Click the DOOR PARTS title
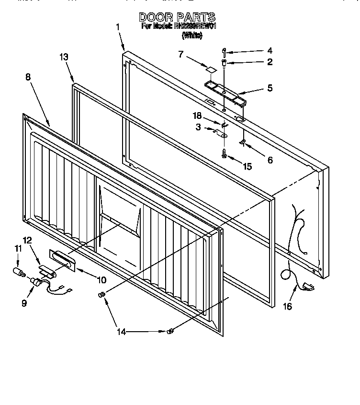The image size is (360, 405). (x=177, y=17)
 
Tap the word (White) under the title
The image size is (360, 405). (x=192, y=35)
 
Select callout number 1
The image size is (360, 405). (x=118, y=27)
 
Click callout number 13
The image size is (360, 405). (x=64, y=57)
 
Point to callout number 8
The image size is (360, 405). (x=29, y=76)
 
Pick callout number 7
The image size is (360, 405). (x=181, y=54)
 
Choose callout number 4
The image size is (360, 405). (x=270, y=50)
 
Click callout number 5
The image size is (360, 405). (x=270, y=88)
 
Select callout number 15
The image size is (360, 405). (x=247, y=166)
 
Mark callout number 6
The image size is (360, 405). (x=270, y=160)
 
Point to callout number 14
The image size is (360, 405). (x=122, y=332)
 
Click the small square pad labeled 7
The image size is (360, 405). (x=210, y=69)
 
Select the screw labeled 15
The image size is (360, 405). (x=224, y=154)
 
